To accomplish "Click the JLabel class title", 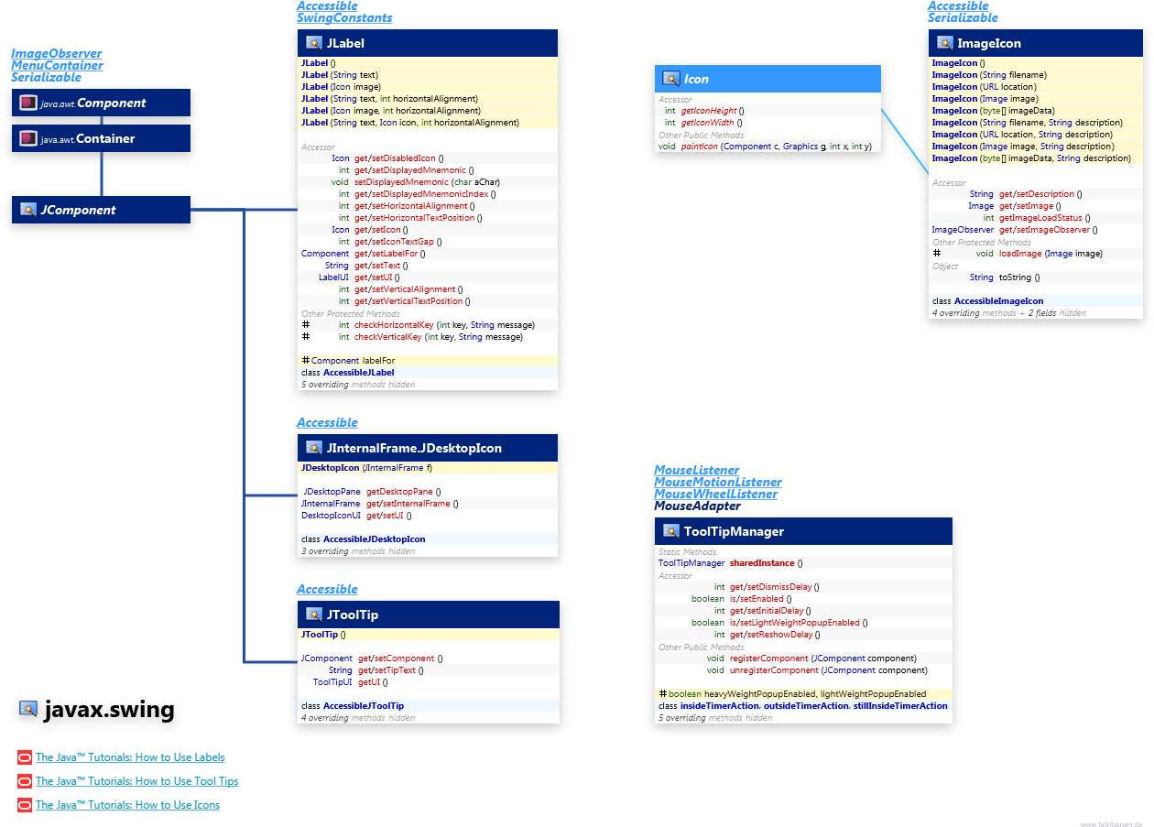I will point(346,43).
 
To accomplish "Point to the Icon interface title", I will point(696,79).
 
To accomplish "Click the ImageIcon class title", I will point(988,43).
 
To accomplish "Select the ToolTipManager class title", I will point(734,531).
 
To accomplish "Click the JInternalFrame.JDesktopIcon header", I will point(414,448).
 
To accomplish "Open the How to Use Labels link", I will point(129,757).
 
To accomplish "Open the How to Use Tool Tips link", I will point(136,781).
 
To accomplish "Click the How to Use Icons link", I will point(127,805).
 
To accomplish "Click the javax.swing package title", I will point(108,710).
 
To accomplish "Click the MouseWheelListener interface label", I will point(715,494).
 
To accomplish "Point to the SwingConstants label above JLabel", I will point(344,17).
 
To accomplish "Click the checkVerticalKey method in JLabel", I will point(387,337).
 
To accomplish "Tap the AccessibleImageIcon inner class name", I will point(998,300).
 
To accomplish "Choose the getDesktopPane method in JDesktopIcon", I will point(399,492).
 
